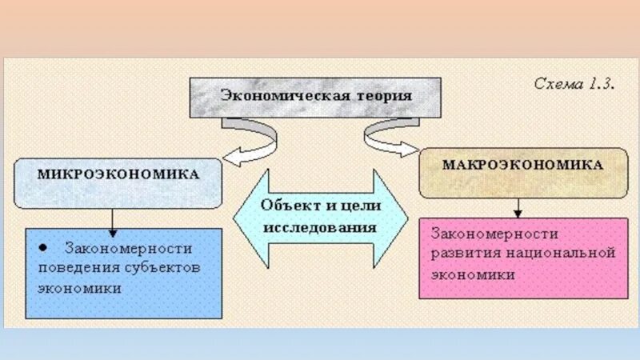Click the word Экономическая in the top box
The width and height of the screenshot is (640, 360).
[x=286, y=96]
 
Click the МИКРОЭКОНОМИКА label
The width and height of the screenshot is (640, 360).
[x=117, y=173]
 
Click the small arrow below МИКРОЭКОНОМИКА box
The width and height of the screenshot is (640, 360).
[x=113, y=218]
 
